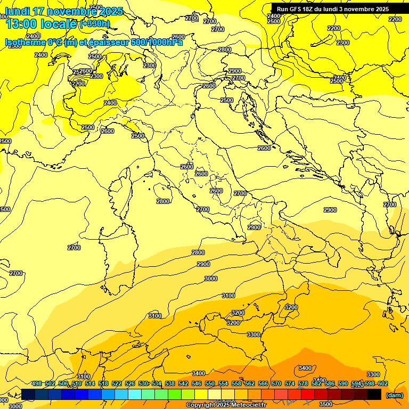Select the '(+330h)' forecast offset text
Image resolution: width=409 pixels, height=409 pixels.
tap(94, 24)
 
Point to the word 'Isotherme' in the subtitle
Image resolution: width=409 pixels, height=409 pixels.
tap(24, 43)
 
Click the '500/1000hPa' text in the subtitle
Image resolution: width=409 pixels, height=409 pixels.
tap(155, 43)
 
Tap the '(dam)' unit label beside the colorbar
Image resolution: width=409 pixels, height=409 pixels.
tap(394, 395)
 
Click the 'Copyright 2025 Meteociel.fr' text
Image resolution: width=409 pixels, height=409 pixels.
tap(226, 405)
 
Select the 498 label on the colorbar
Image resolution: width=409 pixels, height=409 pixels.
tap(37, 384)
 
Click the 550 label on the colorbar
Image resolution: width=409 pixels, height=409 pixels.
tap(210, 384)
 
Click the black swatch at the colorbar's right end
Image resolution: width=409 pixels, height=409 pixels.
tap(374, 395)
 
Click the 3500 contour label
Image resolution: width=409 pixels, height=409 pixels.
tap(326, 404)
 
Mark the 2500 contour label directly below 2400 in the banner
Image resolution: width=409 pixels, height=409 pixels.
tap(274, 21)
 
